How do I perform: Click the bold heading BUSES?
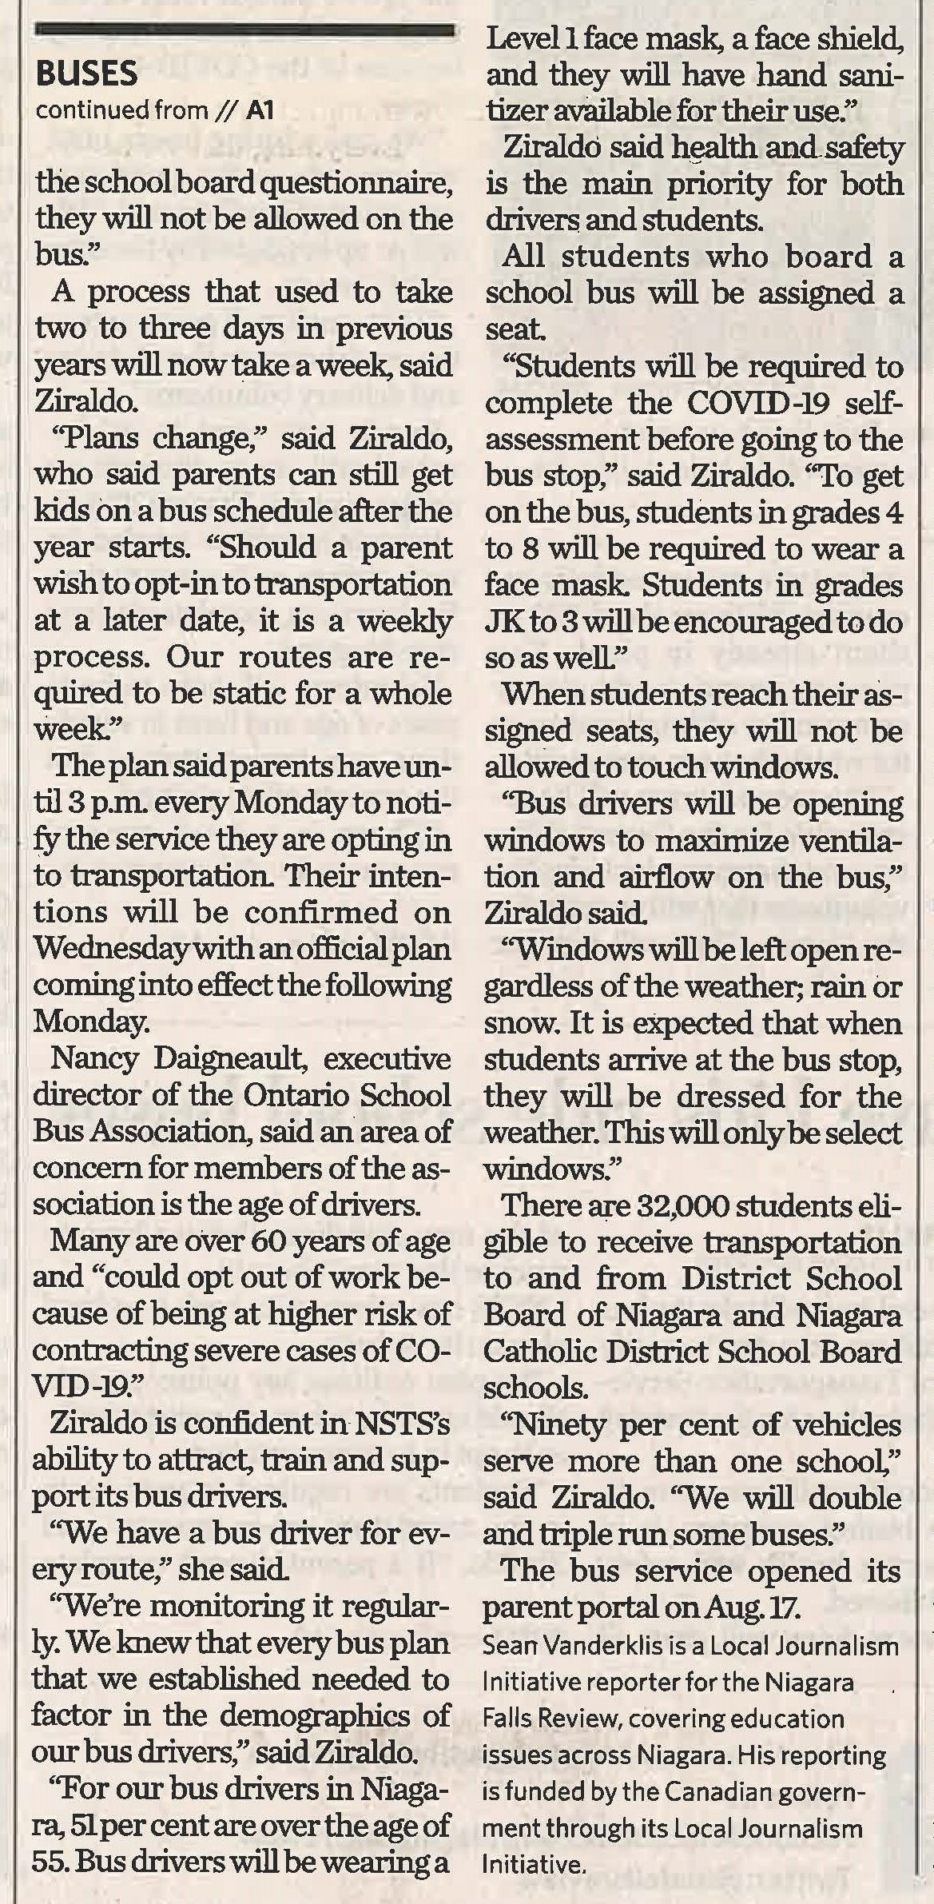pos(87,74)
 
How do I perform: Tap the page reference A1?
pos(260,110)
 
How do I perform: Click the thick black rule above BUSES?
pos(244,30)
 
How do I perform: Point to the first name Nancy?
pos(94,1058)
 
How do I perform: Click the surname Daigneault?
pos(235,1059)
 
